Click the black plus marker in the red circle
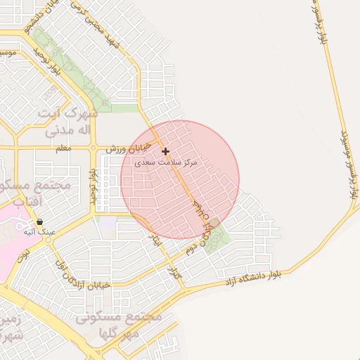pos(165,151)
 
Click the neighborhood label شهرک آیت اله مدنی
pos(67,122)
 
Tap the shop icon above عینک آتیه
pos(39,221)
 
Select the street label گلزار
pos(174,271)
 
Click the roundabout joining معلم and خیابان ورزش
pos(93,148)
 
